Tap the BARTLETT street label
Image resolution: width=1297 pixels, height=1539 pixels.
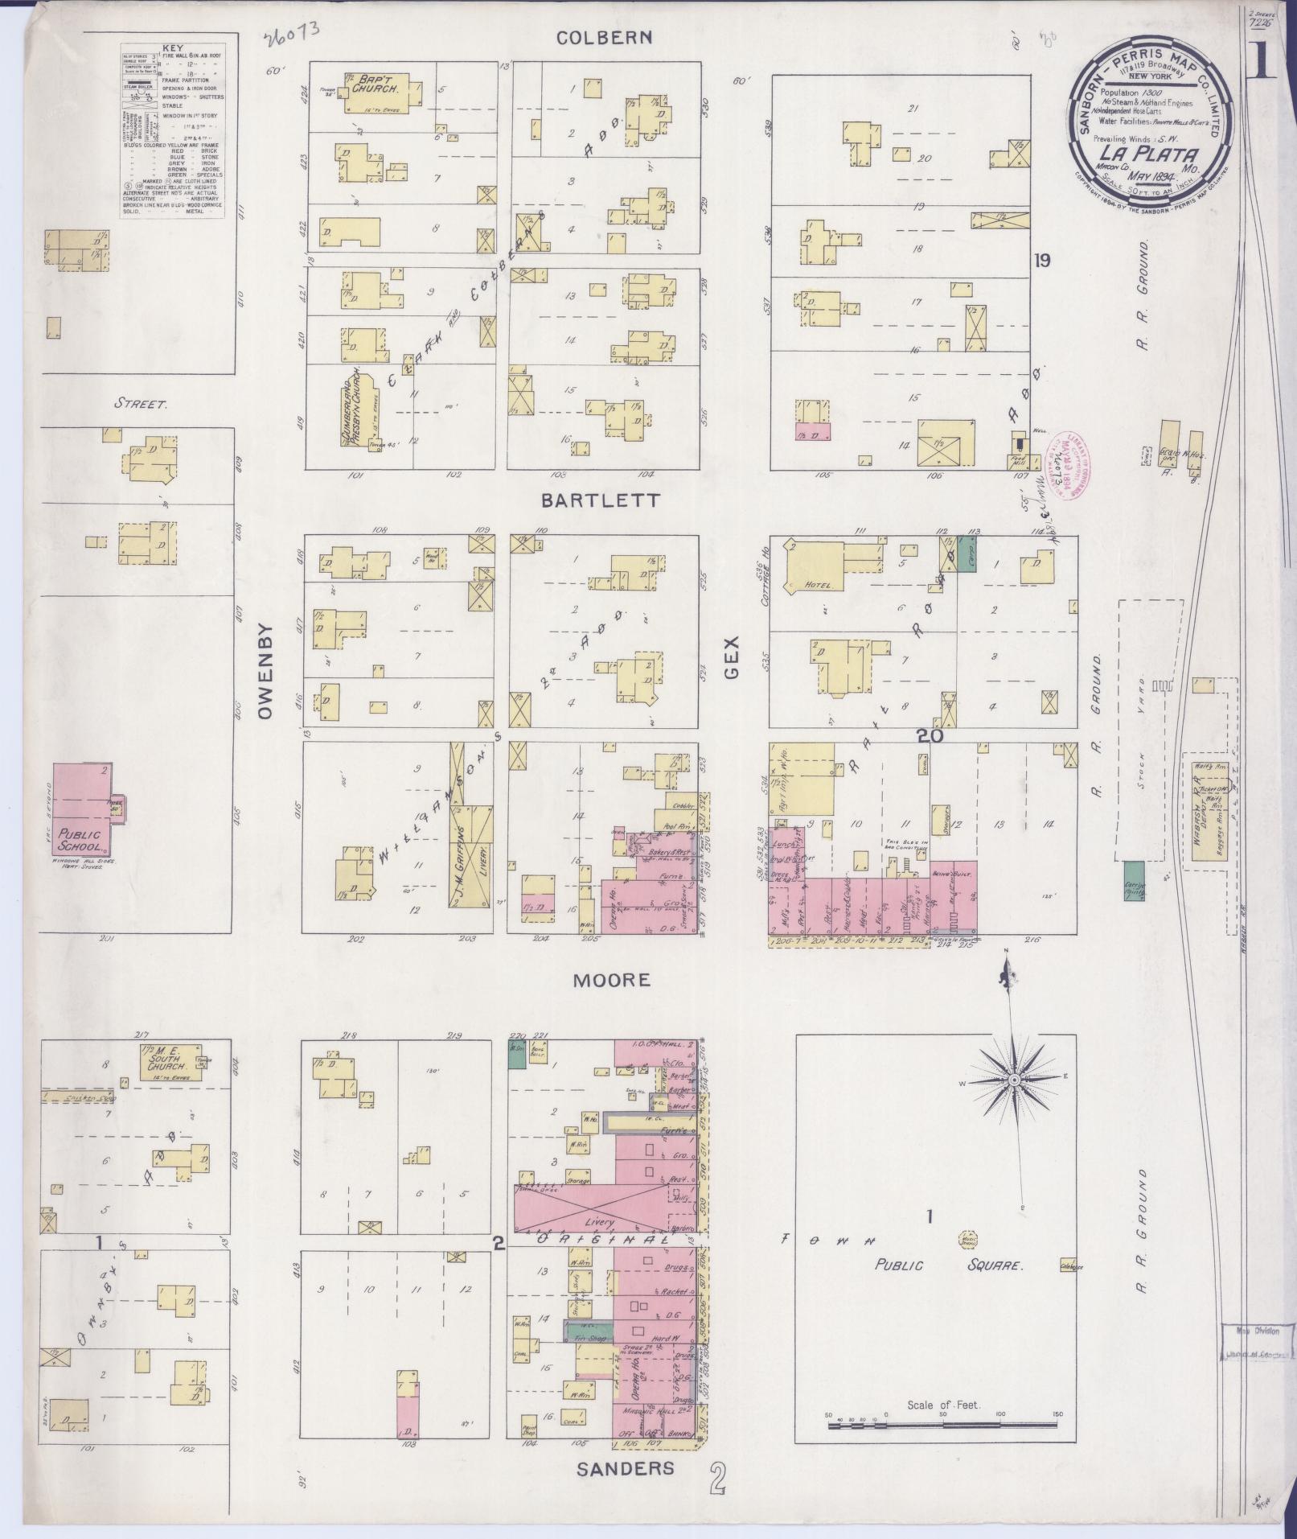pos(600,500)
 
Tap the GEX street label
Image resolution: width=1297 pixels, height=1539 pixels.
pos(732,656)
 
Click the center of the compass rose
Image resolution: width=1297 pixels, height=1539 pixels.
pos(1015,1078)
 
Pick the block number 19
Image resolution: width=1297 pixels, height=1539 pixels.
pos(1043,261)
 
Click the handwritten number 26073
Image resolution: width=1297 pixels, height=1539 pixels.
pos(290,33)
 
